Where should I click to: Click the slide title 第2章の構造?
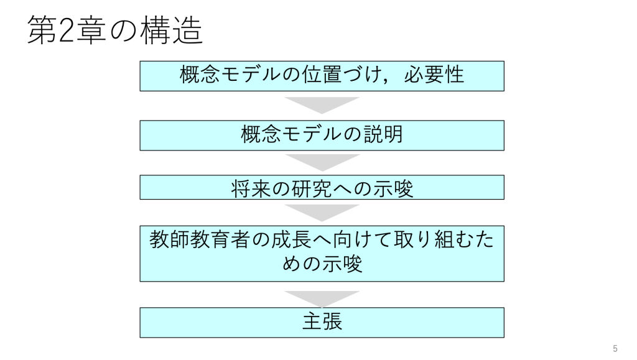116,30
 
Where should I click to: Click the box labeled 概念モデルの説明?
322,135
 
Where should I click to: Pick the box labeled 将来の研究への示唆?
322,187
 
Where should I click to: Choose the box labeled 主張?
322,323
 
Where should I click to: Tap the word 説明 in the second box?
386,135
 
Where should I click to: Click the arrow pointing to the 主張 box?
322,297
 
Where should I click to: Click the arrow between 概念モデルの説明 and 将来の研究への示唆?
322,161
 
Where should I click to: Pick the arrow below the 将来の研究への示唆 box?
322,211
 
